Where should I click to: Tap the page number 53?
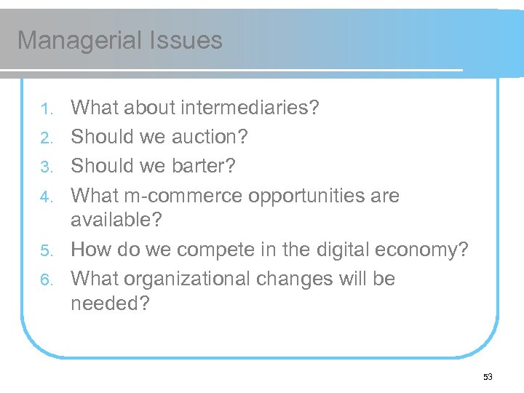pos(488,377)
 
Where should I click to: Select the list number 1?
pos(46,109)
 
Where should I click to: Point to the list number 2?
pos(46,138)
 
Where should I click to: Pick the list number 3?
pos(46,167)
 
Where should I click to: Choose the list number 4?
pos(46,196)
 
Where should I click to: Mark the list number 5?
pos(46,251)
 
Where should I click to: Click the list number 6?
pos(46,279)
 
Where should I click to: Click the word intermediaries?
pos(253,108)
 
